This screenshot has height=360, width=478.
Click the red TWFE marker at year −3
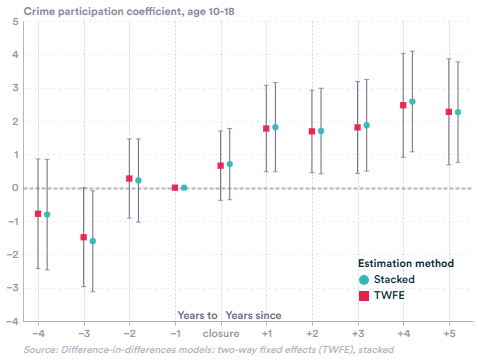tap(84, 237)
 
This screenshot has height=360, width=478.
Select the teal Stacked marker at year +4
tap(412, 102)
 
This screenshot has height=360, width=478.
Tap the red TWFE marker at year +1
tap(266, 128)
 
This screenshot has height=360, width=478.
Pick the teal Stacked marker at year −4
tap(47, 215)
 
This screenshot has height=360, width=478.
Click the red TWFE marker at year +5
tap(449, 112)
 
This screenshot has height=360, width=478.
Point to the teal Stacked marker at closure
tap(229, 164)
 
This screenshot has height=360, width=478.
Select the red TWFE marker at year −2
tap(129, 178)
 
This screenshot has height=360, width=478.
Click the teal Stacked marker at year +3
tap(367, 125)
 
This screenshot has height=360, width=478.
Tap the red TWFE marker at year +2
tap(312, 131)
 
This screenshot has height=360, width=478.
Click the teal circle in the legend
tap(366, 279)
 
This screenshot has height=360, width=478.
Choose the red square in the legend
tap(366, 295)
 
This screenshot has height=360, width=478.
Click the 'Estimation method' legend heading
tap(406, 263)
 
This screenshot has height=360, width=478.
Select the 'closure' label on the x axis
tap(220, 331)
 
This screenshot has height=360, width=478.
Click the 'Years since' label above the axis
tap(252, 315)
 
